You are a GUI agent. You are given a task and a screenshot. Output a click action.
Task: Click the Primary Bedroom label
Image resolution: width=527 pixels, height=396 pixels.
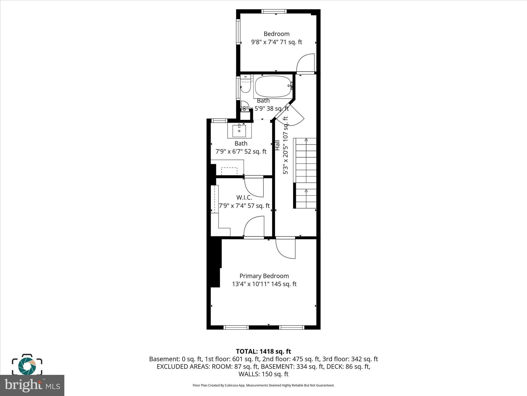point(264,276)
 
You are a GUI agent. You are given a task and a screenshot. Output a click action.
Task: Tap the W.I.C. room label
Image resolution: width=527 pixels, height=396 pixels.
point(244,198)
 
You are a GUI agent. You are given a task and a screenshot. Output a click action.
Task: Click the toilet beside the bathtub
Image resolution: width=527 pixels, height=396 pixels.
point(245,85)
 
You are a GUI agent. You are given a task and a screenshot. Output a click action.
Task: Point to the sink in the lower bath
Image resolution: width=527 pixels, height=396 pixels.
point(239,131)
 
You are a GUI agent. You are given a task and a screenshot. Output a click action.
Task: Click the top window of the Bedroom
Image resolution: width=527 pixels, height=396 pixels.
point(274,11)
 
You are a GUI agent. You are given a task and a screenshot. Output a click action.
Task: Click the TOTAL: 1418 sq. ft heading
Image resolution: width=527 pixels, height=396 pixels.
point(263,351)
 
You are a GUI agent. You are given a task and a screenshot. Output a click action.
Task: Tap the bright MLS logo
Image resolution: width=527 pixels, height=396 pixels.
point(32,385)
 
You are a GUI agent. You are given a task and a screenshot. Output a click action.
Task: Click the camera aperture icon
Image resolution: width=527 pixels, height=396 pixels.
point(27,365)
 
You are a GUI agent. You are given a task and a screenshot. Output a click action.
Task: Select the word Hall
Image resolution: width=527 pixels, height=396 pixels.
point(277,145)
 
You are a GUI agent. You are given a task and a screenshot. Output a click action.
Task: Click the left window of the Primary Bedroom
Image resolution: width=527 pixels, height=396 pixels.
point(236,327)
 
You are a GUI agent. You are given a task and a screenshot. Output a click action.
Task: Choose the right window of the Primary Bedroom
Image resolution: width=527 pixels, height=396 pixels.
point(292,327)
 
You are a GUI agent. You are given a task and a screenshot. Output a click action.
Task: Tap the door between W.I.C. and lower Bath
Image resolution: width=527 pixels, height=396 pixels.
point(254,186)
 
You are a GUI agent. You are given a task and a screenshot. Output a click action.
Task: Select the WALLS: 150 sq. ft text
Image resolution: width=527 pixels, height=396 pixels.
point(263,374)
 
